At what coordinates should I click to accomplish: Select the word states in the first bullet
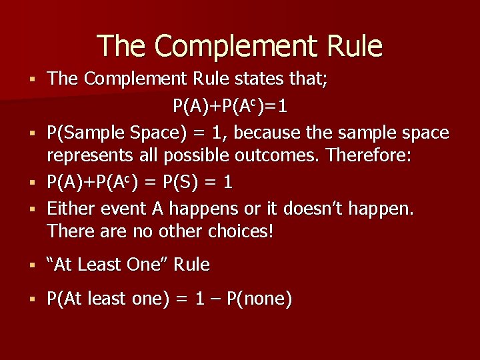[x=265, y=79]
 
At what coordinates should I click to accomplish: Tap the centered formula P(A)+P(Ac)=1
[x=231, y=105]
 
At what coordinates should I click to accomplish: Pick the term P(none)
[x=259, y=299]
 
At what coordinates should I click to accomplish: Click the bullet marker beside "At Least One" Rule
[x=31, y=265]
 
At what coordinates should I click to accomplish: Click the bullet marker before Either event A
[x=31, y=209]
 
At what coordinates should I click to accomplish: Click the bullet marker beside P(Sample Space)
[x=31, y=133]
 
